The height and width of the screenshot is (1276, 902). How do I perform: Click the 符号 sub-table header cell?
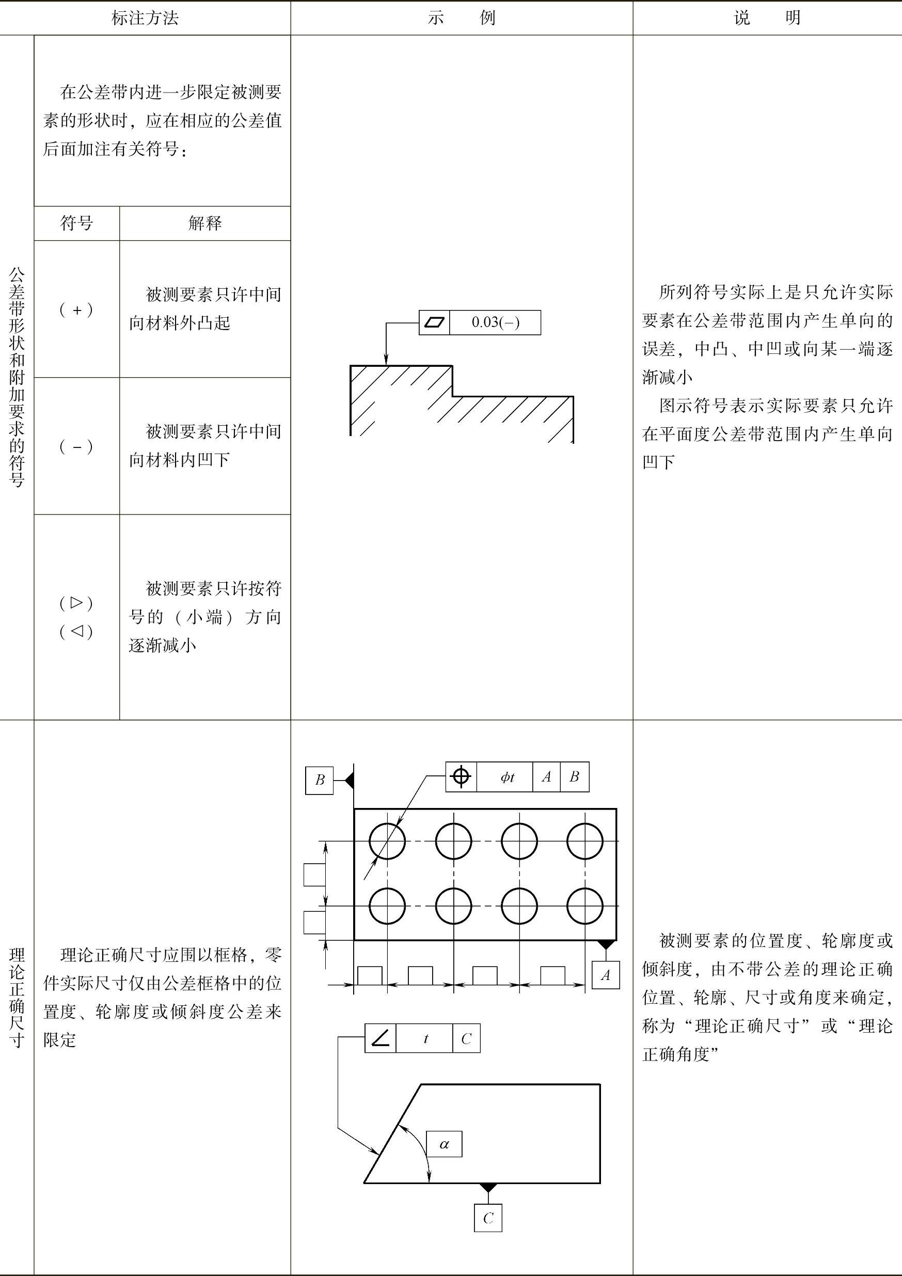(76, 223)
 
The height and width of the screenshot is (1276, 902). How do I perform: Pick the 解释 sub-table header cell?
(205, 223)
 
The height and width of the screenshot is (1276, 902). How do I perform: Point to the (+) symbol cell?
(76, 309)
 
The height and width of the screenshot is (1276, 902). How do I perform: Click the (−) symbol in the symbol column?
(76, 446)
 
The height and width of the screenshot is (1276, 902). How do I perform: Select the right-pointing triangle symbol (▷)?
(76, 602)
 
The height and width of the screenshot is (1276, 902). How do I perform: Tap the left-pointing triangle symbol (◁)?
(76, 631)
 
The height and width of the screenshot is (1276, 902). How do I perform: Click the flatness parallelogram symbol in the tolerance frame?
(434, 322)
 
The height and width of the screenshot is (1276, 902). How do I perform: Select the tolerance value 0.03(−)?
(496, 322)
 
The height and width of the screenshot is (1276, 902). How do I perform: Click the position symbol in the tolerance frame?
(461, 776)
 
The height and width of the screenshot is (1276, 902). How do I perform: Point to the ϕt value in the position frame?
(507, 777)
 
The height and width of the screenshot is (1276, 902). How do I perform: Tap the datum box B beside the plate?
(320, 780)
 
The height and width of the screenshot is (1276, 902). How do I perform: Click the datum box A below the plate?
(606, 975)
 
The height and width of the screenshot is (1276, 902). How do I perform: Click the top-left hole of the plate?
(387, 842)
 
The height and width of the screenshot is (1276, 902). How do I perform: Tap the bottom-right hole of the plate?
(585, 907)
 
